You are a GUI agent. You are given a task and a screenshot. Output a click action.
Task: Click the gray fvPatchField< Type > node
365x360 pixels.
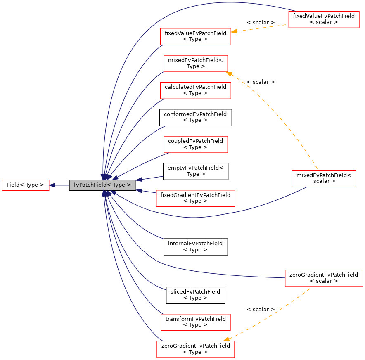(x=102, y=185)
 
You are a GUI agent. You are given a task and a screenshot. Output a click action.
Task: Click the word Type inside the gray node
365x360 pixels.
(x=119, y=185)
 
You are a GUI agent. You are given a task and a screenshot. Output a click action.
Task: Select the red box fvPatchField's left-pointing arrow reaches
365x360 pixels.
(x=25, y=185)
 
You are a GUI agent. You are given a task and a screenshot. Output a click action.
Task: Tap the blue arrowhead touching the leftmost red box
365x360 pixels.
(x=52, y=185)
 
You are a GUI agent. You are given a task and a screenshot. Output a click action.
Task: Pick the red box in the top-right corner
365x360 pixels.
(x=324, y=19)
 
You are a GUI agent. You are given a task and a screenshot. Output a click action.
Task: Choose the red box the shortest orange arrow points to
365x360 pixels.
(x=195, y=37)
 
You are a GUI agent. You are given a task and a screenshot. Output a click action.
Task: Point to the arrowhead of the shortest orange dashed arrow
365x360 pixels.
(x=234, y=31)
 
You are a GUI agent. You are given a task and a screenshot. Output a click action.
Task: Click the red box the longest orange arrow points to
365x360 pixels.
(x=195, y=64)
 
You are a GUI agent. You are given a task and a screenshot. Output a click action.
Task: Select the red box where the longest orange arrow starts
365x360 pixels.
(x=324, y=179)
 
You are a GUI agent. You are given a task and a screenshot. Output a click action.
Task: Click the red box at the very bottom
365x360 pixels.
(x=195, y=349)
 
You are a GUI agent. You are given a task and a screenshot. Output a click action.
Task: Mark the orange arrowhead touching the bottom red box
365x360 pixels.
(x=227, y=339)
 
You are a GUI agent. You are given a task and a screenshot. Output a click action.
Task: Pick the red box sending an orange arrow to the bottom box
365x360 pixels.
(x=324, y=278)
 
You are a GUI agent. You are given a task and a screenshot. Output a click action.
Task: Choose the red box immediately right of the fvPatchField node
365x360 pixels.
(x=195, y=199)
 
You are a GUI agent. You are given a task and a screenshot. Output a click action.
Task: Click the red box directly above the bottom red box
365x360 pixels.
(x=195, y=322)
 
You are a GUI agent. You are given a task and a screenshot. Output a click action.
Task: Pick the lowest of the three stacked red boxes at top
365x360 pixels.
(x=195, y=90)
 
